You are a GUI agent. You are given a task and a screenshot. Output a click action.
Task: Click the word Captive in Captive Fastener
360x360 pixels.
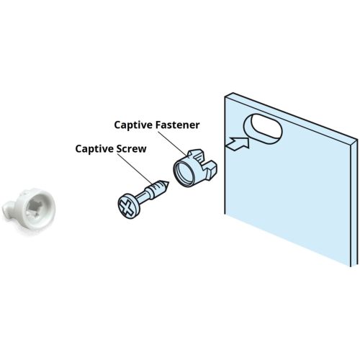point(133,125)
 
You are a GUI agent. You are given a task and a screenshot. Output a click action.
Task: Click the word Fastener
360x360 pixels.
point(178,125)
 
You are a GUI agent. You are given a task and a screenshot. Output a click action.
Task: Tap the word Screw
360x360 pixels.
point(132,149)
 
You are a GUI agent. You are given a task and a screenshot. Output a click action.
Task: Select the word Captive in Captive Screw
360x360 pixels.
point(95,149)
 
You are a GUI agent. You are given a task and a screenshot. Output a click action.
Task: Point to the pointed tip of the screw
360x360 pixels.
point(169,182)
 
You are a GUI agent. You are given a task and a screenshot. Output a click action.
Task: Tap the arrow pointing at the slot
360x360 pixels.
point(238,143)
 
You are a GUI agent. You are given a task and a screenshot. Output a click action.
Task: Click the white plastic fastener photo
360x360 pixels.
point(29,211)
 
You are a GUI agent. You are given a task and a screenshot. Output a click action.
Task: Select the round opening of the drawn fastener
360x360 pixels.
point(183,172)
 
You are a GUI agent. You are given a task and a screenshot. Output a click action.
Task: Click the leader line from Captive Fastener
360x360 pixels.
point(172,143)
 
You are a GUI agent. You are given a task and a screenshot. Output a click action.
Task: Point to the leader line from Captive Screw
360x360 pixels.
point(134,168)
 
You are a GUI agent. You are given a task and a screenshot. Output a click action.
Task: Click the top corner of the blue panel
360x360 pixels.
point(233,93)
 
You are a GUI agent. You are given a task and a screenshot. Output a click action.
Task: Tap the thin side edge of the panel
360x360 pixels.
point(354,203)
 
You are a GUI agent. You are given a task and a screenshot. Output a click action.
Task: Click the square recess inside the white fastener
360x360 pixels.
point(35,208)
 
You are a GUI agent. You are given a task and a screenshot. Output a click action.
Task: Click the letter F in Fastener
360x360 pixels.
point(158,125)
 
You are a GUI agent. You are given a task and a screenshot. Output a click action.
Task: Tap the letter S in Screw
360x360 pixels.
point(120,149)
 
